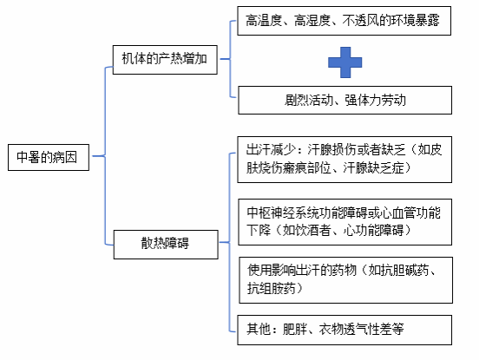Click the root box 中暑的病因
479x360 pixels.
pyautogui.click(x=49, y=157)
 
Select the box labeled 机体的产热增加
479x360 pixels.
pyautogui.click(x=165, y=60)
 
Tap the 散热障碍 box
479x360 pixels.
pyautogui.click(x=166, y=245)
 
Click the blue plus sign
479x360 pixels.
pyautogui.click(x=344, y=62)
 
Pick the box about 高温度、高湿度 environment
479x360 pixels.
pyautogui.click(x=344, y=21)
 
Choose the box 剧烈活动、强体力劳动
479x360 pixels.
pyautogui.click(x=344, y=100)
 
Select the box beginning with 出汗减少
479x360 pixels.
pyautogui.click(x=344, y=160)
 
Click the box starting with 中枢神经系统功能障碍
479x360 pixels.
pyautogui.click(x=344, y=222)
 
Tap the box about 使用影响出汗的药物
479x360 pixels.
pyautogui.click(x=346, y=280)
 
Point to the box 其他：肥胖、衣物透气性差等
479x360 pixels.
pyautogui.click(x=344, y=331)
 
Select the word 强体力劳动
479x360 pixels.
pyautogui.click(x=376, y=100)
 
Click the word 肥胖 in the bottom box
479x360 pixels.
pyautogui.click(x=294, y=329)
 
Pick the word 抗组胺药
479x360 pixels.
pyautogui.click(x=272, y=288)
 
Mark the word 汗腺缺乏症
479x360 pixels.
pyautogui.click(x=373, y=167)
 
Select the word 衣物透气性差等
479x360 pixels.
pyautogui.click(x=361, y=329)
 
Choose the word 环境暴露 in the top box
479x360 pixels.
pyautogui.click(x=415, y=21)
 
